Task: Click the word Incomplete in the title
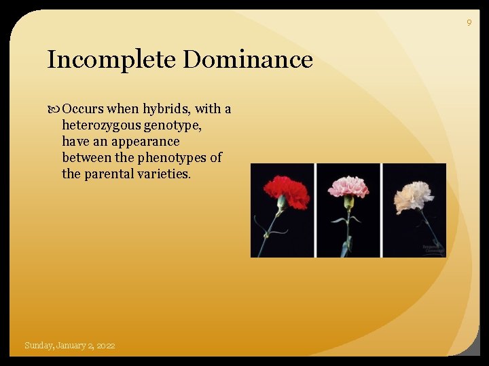[x=111, y=60]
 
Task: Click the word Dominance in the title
[x=247, y=60]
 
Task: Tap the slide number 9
[x=469, y=23]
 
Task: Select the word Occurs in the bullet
[x=83, y=109]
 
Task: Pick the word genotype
[x=173, y=125]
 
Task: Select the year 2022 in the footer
[x=106, y=346]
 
